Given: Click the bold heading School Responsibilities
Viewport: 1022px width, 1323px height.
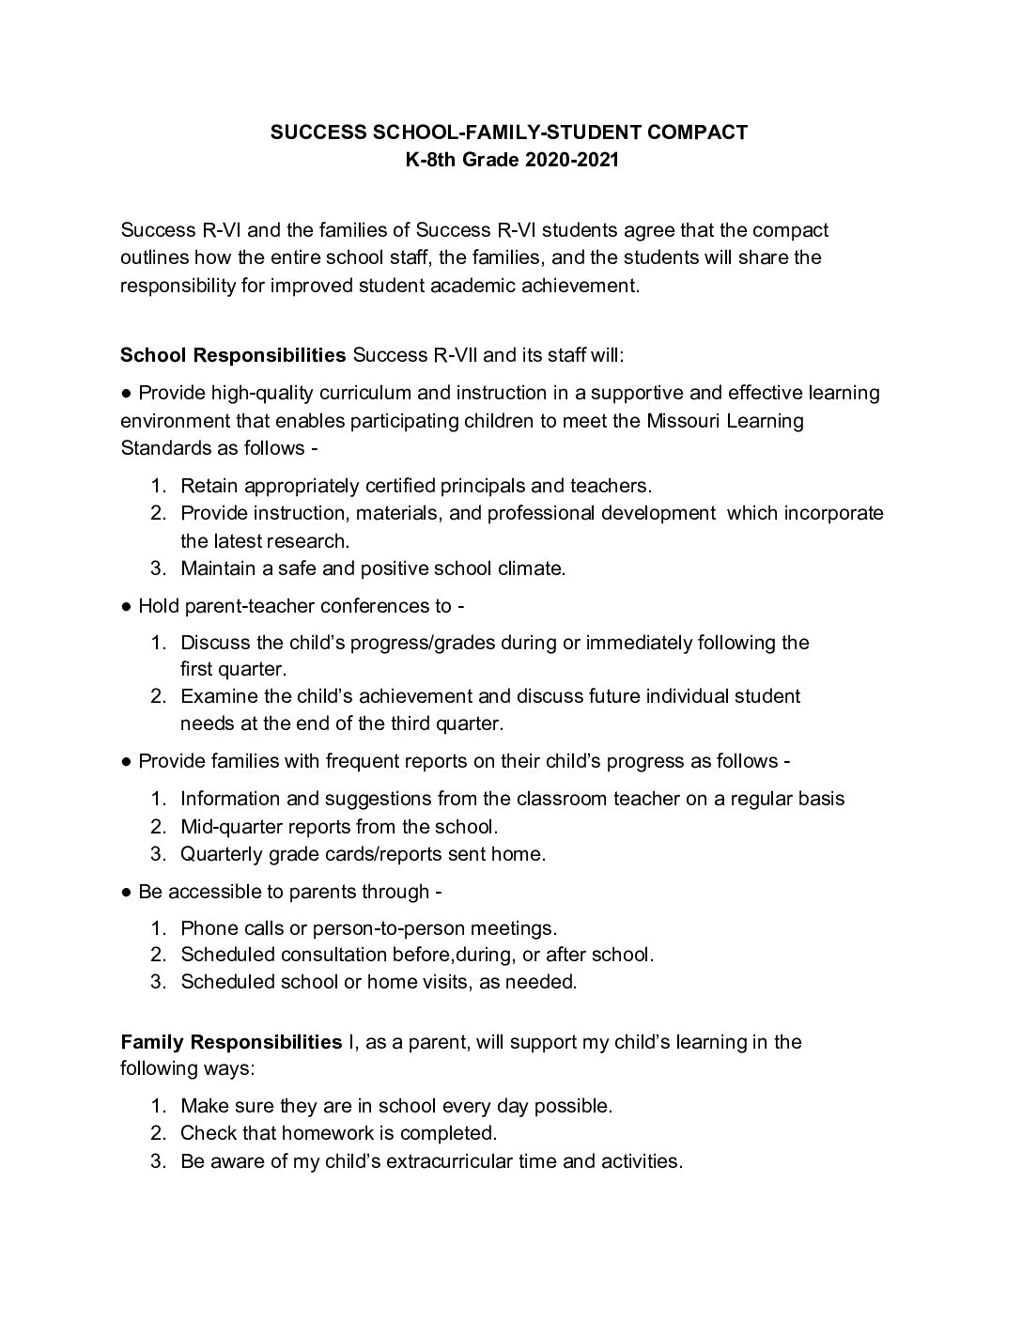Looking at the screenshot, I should tap(233, 355).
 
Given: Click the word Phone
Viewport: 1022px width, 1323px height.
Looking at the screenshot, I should tap(209, 928).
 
